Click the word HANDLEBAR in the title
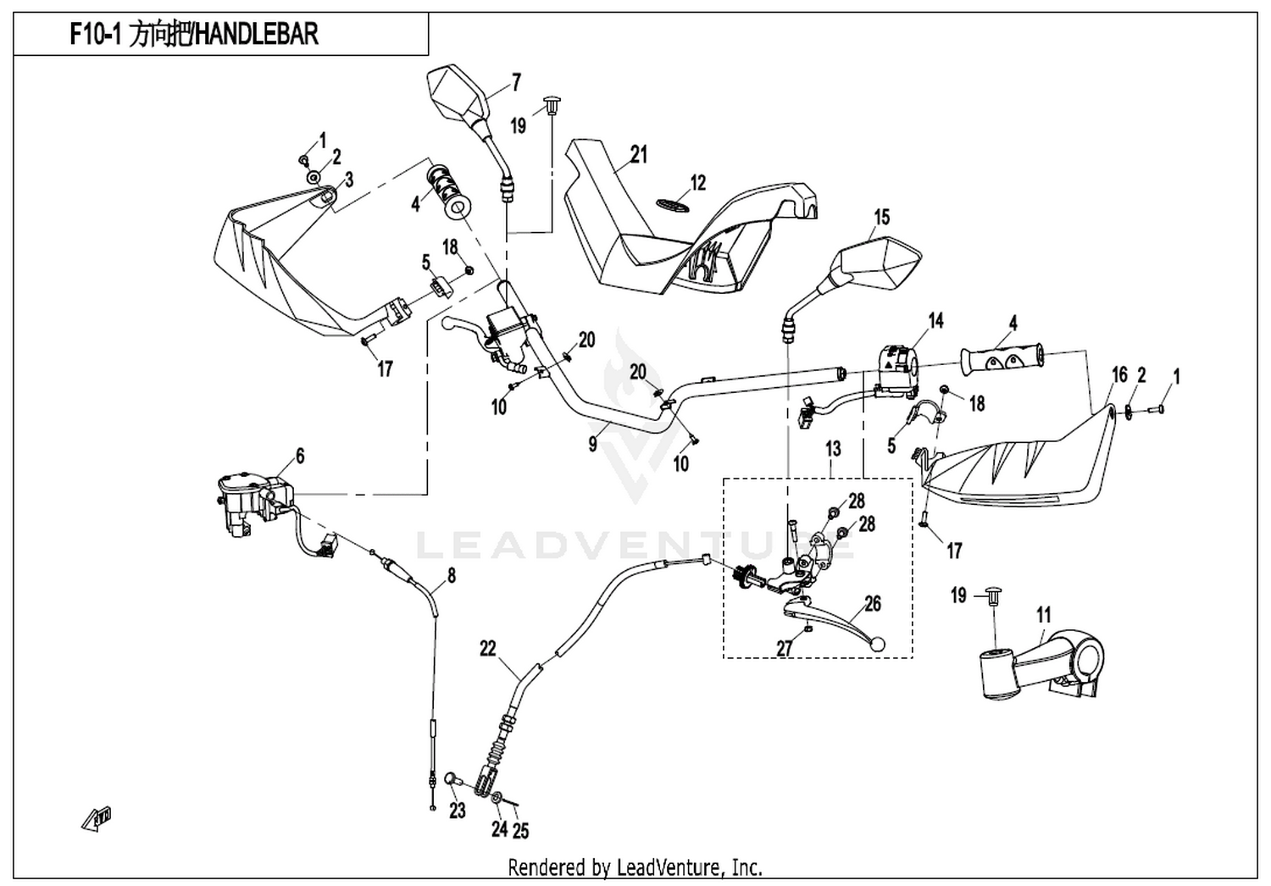pos(256,35)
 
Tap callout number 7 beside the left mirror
pos(516,83)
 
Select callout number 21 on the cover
pos(639,154)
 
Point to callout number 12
pos(698,183)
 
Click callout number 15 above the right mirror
pos(882,217)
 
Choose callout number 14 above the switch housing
pos(935,320)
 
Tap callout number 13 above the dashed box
pos(833,449)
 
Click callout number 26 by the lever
pos(873,604)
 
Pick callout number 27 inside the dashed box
pos(784,648)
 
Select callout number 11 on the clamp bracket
pos(1043,615)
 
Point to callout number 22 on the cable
pos(488,648)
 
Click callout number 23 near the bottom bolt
pos(458,811)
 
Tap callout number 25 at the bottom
pos(521,831)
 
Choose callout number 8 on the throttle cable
pos(452,576)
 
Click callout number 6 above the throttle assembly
pos(300,456)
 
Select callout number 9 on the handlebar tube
pos(592,444)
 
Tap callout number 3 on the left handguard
pos(349,180)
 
